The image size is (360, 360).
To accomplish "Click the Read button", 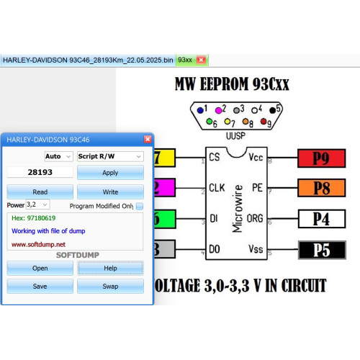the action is point(40,192).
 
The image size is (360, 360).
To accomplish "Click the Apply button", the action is point(110,173).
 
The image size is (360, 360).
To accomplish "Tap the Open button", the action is point(40,268).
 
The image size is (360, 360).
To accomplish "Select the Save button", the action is point(40,286).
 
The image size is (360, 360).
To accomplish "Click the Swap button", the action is point(110,286).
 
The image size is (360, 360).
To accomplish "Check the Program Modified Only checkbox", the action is point(140,206).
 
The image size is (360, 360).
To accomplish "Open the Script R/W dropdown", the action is point(110,156).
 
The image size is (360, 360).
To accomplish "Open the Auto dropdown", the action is point(58,156).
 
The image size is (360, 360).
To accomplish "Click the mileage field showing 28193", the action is point(40,172).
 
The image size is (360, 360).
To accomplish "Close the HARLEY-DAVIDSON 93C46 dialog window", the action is point(148,139).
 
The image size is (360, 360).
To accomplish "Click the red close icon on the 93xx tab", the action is point(201,60).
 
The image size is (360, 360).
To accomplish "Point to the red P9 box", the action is point(322,158).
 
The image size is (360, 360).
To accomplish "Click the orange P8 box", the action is point(322,188).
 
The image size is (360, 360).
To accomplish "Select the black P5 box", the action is point(322,250).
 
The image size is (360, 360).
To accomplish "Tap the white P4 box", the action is point(322,219).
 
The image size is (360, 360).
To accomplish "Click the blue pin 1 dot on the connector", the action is point(200,110).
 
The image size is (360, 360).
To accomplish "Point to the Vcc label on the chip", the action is point(256,157).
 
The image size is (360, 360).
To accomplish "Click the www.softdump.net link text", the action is point(38,245).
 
